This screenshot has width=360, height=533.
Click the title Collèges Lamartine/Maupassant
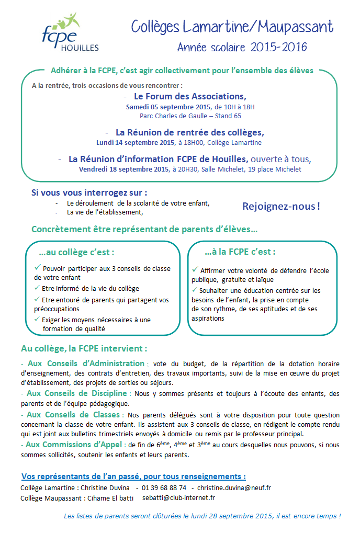coord(232,26)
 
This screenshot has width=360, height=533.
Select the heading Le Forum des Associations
coord(190,96)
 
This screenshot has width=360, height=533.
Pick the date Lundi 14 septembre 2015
coord(135,142)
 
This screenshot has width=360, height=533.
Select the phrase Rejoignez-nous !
coord(281,206)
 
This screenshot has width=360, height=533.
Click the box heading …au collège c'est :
coord(76,252)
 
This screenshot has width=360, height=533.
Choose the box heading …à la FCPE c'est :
coord(240,252)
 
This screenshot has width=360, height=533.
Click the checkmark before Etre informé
coord(37,288)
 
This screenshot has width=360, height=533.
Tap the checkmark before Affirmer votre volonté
coord(195,270)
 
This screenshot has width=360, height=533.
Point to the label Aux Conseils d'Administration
coord(85,363)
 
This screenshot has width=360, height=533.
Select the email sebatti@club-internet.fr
coord(179,498)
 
